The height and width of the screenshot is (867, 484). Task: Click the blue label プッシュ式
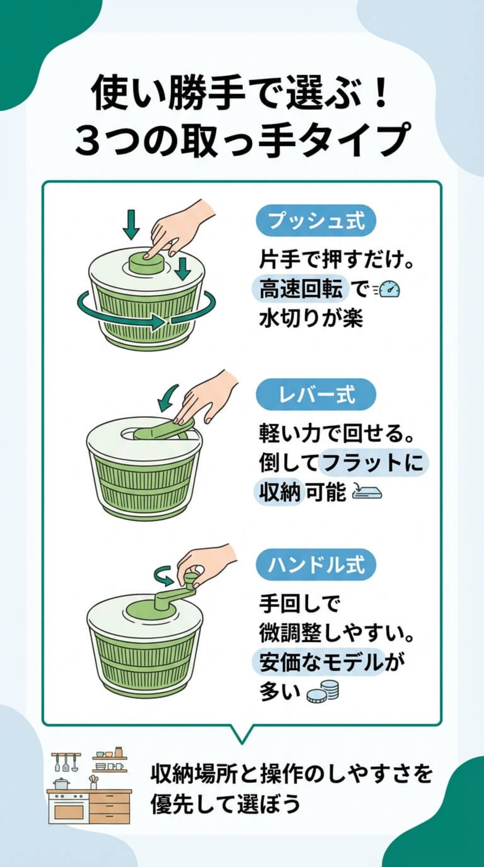316,221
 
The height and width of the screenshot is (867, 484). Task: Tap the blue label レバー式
316,394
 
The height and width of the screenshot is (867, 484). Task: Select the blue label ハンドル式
316,565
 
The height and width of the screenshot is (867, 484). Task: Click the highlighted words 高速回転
300,290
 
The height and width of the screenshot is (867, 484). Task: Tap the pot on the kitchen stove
62,784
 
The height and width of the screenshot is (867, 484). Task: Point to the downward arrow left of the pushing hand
131,224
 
